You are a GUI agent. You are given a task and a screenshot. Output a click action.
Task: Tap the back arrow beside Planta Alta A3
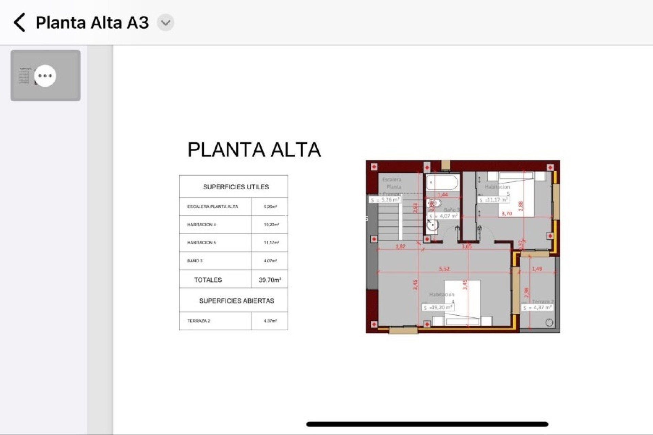20,22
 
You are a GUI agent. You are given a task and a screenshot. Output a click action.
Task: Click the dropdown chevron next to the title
166,23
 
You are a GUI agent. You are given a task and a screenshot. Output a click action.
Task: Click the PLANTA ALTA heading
254,150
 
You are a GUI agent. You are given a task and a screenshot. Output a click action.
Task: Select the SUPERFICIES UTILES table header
236,187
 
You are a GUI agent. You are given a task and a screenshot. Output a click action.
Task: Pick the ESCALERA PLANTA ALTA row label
213,207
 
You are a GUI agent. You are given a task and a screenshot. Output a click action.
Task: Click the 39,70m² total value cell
270,280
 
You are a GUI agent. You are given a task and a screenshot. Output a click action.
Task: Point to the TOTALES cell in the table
208,280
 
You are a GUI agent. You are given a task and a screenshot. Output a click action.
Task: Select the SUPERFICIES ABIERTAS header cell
236,301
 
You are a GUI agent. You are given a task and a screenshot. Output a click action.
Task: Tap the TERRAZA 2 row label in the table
199,321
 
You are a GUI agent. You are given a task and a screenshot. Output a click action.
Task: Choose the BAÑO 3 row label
195,261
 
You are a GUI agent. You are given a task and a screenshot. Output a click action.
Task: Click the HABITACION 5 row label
201,243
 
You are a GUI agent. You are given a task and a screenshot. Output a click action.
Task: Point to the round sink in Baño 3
433,225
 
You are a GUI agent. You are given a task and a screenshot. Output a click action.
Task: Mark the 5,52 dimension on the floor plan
444,269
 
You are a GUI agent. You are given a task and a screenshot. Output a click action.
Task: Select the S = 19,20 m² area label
438,308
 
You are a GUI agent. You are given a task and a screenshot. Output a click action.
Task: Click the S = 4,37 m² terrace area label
537,308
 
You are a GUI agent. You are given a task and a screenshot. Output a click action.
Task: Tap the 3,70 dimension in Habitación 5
506,213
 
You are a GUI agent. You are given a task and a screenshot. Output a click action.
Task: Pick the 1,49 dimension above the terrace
537,269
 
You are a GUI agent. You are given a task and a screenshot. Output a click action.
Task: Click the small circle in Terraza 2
549,323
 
